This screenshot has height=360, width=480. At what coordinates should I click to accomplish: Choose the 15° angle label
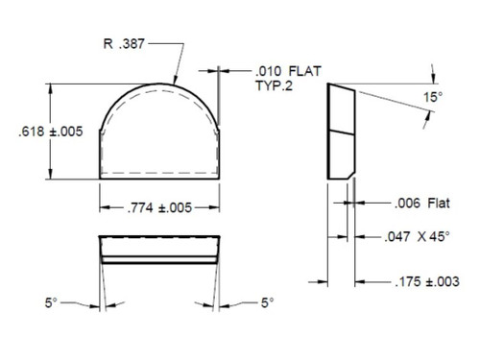(x=433, y=98)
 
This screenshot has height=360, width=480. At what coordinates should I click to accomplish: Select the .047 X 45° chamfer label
(x=425, y=235)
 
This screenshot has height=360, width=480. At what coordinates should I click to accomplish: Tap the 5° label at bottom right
(x=266, y=302)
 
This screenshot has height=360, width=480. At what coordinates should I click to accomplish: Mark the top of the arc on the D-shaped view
(x=160, y=83)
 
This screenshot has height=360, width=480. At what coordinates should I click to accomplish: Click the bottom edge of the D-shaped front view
(x=160, y=180)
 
